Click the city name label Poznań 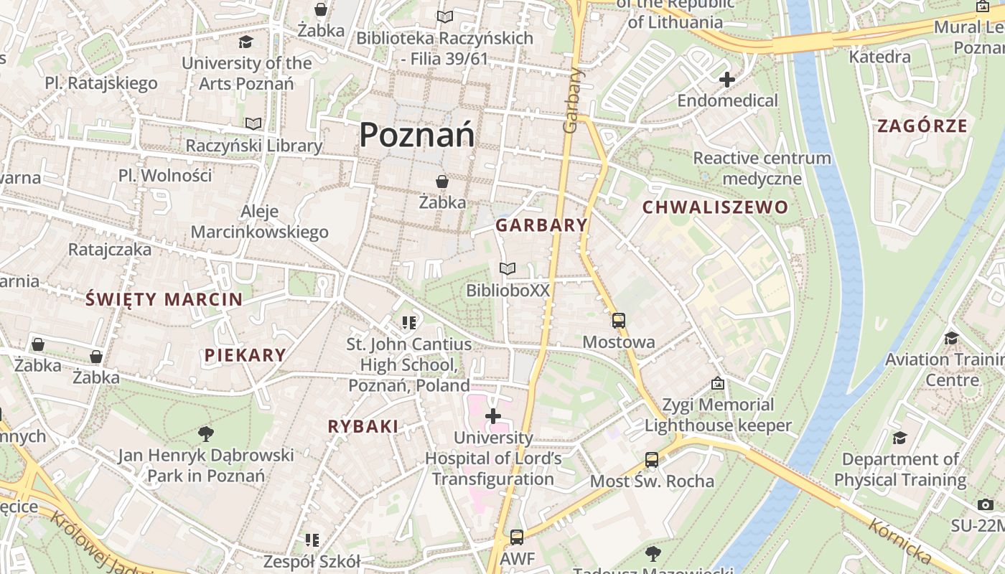click(416, 135)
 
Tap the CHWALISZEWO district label click(715, 208)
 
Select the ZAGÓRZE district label click(922, 126)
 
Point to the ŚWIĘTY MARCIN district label click(164, 299)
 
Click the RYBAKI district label click(363, 426)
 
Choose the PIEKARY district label click(245, 354)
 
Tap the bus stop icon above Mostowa click(618, 321)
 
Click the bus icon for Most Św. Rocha click(652, 460)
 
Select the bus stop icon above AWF click(516, 537)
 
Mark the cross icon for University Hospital click(493, 416)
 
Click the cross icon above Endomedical click(727, 80)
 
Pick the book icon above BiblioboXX click(508, 269)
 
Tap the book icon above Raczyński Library click(253, 124)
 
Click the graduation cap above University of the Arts click(246, 42)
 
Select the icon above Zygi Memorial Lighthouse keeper click(717, 384)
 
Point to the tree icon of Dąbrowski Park click(206, 433)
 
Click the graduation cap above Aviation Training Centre click(952, 338)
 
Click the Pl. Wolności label click(165, 175)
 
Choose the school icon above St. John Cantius click(409, 323)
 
